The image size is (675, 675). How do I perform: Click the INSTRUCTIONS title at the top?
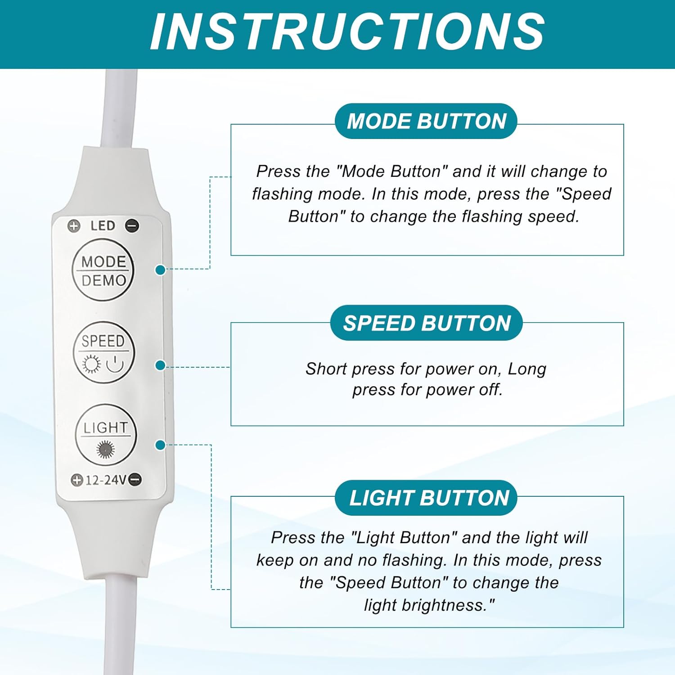point(347,31)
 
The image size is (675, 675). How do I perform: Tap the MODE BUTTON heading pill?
point(426,121)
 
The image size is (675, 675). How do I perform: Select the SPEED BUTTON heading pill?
point(426,323)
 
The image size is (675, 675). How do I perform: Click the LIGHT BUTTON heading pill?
point(426,498)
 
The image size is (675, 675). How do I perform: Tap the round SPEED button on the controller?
point(104,352)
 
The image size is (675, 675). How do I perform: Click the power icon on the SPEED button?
point(115,364)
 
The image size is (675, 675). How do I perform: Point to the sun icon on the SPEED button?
point(92,364)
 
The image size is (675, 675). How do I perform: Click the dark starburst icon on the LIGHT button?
point(106,449)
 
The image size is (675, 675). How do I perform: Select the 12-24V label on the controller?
point(106,480)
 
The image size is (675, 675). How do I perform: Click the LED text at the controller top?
point(103,225)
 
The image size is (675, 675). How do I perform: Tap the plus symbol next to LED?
point(74,226)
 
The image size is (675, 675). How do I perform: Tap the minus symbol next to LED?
point(132,226)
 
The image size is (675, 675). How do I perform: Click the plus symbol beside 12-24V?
point(77,480)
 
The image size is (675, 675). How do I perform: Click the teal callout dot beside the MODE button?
point(160,270)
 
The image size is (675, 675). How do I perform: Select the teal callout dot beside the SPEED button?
point(160,365)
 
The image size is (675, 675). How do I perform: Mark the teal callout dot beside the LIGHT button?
point(160,445)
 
